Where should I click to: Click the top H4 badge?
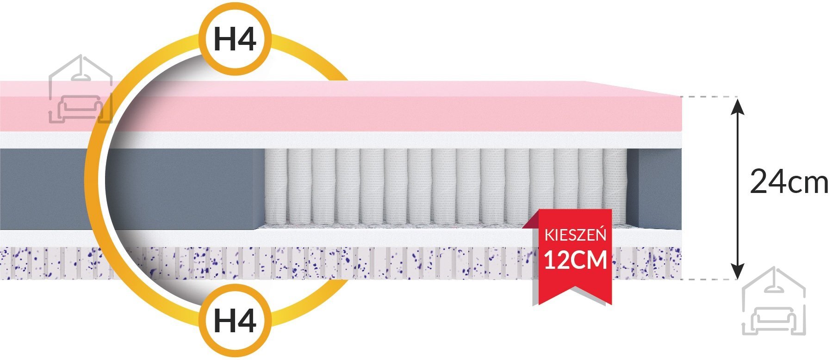click(235, 39)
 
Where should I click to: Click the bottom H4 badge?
click(235, 320)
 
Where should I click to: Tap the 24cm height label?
click(789, 182)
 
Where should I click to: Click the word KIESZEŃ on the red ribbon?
click(575, 235)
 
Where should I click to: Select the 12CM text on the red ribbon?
click(575, 260)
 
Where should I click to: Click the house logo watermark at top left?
click(81, 89)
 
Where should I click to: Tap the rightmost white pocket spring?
click(615, 187)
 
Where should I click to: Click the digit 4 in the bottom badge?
click(247, 320)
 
